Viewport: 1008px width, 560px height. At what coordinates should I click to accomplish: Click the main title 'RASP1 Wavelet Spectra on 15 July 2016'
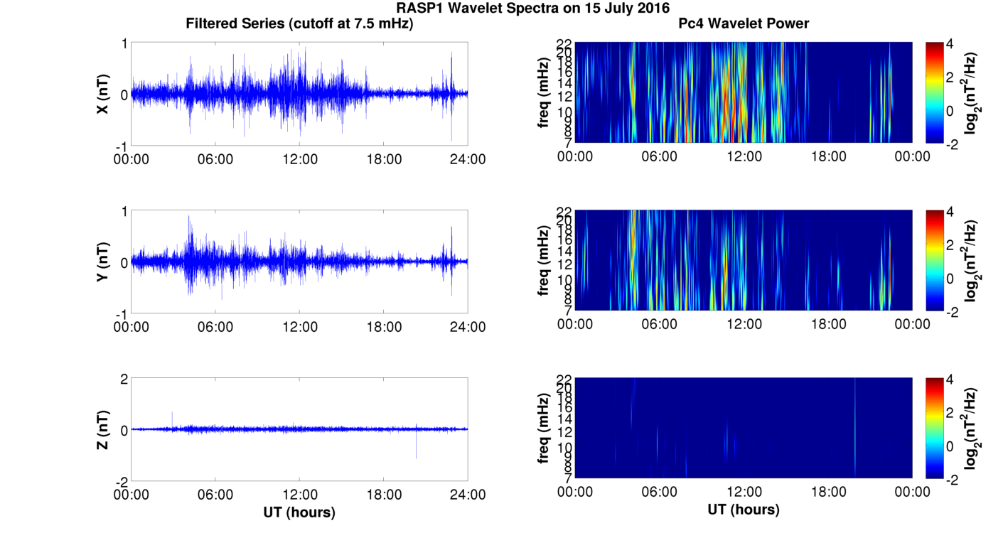pyautogui.click(x=533, y=9)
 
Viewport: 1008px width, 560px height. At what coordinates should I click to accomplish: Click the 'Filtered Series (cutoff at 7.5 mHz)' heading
pyautogui.click(x=299, y=23)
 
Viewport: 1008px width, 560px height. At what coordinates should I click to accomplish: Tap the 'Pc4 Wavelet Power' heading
pyautogui.click(x=744, y=23)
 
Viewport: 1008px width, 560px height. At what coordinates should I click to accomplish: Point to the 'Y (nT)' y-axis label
pyautogui.click(x=103, y=263)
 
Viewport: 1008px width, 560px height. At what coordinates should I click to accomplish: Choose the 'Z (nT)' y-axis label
pyautogui.click(x=103, y=431)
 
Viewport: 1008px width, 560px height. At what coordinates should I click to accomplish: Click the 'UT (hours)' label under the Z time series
pyautogui.click(x=299, y=512)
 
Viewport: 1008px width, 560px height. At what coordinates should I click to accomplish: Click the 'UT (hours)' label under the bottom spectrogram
pyautogui.click(x=744, y=510)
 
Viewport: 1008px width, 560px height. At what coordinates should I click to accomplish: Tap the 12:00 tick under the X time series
pyautogui.click(x=300, y=158)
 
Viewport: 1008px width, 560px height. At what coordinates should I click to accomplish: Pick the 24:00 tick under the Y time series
pyautogui.click(x=468, y=327)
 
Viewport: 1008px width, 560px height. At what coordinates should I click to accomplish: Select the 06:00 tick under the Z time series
pyautogui.click(x=215, y=495)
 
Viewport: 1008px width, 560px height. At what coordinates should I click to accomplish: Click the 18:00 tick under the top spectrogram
pyautogui.click(x=828, y=156)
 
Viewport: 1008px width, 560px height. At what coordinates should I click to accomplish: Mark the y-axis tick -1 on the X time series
pyautogui.click(x=122, y=146)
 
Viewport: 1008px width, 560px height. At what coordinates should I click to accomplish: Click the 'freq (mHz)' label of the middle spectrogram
pyautogui.click(x=544, y=261)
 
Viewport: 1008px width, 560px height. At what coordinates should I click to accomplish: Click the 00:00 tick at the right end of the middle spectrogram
pyautogui.click(x=912, y=324)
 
